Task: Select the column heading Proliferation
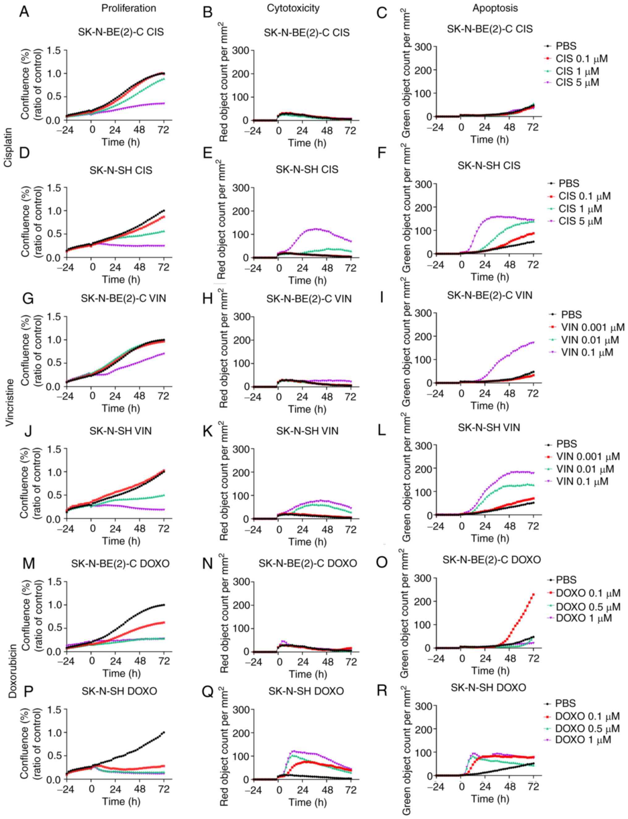pos(129,8)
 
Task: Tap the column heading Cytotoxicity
pos(293,8)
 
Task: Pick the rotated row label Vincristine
pos(9,402)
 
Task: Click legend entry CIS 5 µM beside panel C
pos(577,82)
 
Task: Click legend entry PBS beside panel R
pos(566,703)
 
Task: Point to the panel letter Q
pos(207,691)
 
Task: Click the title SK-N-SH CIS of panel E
pos(307,169)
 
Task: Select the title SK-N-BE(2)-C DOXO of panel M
pos(120,564)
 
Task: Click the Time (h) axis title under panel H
pos(307,409)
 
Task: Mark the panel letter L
pos(382,431)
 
